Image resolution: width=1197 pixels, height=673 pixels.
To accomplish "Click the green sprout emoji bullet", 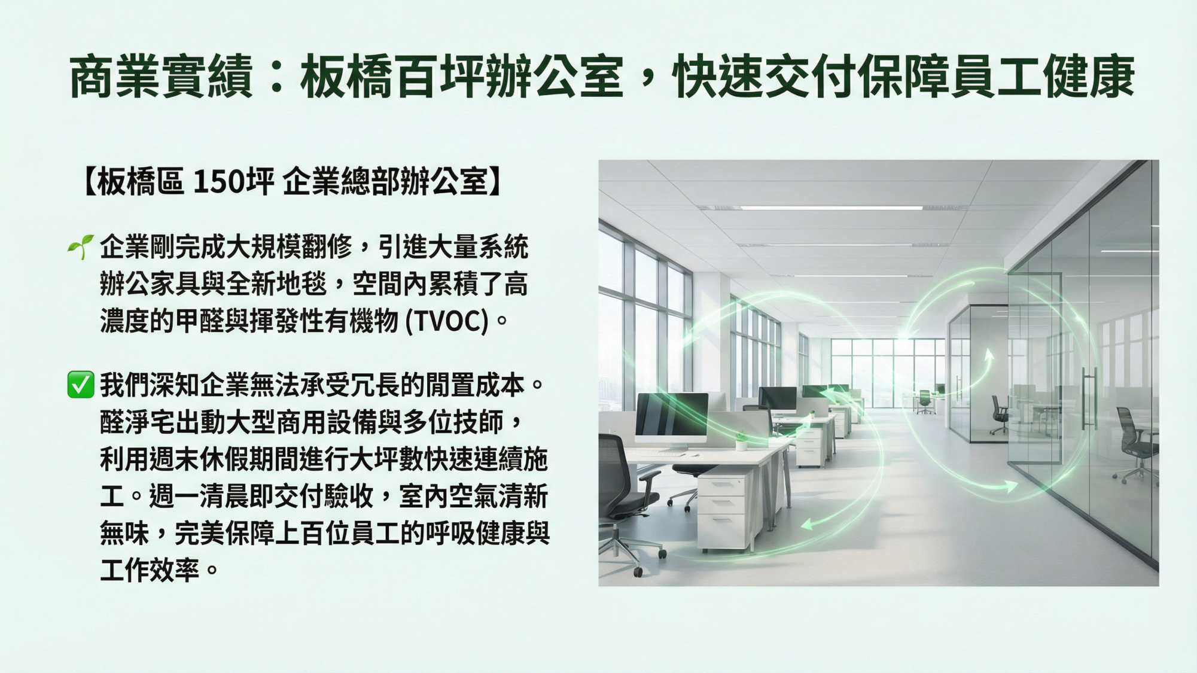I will pyautogui.click(x=80, y=246).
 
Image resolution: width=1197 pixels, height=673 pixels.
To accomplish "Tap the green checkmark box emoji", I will pyautogui.click(x=81, y=384).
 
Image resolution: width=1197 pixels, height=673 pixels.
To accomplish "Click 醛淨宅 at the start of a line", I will pyautogui.click(x=137, y=422).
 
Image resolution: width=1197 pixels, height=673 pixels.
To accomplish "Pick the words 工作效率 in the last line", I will pyautogui.click(x=150, y=570).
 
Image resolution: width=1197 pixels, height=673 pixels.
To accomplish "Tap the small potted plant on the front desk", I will pyautogui.click(x=741, y=440).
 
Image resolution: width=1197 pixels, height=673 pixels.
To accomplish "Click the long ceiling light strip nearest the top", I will pyautogui.click(x=831, y=208).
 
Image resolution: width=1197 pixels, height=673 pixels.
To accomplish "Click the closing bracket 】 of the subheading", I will pyautogui.click(x=496, y=181).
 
